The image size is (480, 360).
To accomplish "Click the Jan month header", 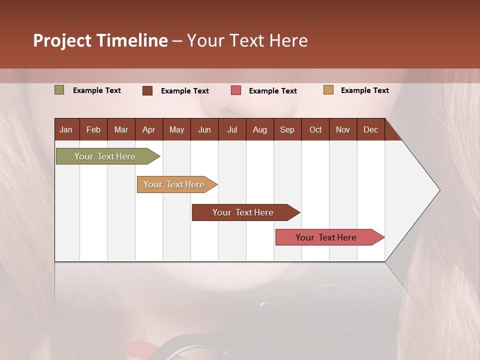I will pyautogui.click(x=66, y=129).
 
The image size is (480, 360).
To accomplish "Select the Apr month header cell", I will pyautogui.click(x=149, y=129).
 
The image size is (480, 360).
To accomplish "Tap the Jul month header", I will pyautogui.click(x=232, y=129).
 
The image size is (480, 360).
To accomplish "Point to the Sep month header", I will pyautogui.click(x=287, y=129).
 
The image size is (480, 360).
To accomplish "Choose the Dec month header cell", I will pyautogui.click(x=370, y=129).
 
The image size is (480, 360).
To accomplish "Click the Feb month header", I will pyautogui.click(x=93, y=129).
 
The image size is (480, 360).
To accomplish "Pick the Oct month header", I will pyautogui.click(x=315, y=129).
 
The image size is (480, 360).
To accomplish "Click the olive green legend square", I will pyautogui.click(x=59, y=90).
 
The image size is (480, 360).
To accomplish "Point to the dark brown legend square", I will pyautogui.click(x=147, y=90).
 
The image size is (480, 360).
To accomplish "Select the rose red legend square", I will pyautogui.click(x=236, y=90).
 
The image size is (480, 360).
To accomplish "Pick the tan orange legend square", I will pyautogui.click(x=328, y=90).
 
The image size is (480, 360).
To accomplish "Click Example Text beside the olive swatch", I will pyautogui.click(x=97, y=90).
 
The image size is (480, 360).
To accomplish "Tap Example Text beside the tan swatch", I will pyautogui.click(x=365, y=90).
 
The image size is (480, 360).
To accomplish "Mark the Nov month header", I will pyautogui.click(x=343, y=129).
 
